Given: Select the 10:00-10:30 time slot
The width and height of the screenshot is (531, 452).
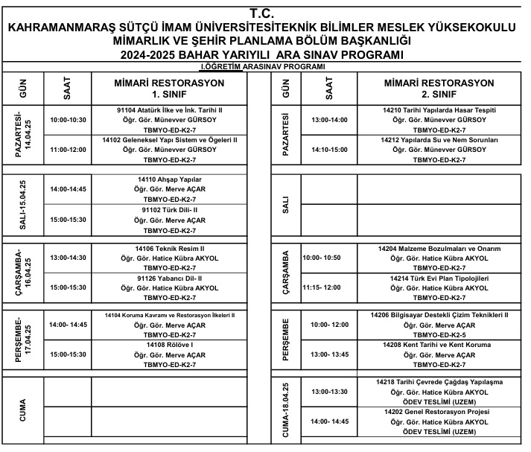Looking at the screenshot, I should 67,119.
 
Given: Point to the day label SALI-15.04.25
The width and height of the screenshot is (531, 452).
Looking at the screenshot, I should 22,205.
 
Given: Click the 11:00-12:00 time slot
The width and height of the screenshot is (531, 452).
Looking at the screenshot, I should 67,150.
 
